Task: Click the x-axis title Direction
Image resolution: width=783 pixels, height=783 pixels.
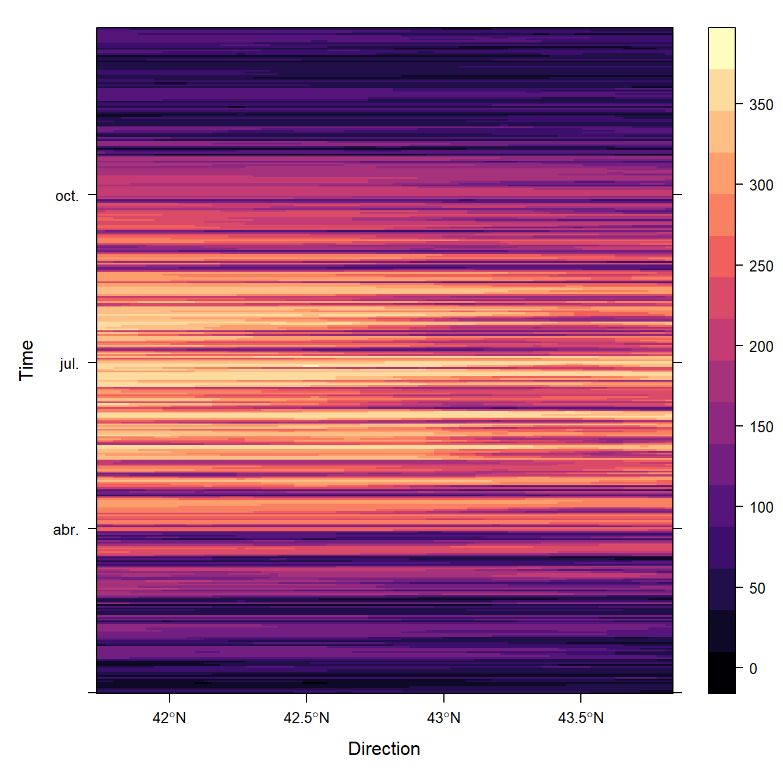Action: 384,749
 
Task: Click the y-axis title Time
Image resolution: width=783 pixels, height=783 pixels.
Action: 27,360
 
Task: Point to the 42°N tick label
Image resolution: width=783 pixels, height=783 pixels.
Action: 169,718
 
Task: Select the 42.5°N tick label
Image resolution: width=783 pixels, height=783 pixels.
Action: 306,718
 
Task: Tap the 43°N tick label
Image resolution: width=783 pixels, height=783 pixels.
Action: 443,718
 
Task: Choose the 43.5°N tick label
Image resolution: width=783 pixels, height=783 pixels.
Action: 581,718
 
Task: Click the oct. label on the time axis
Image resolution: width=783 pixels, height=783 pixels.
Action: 66,196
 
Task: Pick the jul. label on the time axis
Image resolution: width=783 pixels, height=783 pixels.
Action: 69,364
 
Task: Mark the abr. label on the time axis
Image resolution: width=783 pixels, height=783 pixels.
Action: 66,530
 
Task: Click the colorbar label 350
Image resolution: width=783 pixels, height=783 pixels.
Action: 761,105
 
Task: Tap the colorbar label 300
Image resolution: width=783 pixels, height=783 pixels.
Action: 761,185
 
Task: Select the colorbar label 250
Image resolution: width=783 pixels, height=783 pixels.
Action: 761,266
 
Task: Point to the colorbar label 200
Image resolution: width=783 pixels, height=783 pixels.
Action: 761,347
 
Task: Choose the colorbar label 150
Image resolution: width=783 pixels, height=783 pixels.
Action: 761,427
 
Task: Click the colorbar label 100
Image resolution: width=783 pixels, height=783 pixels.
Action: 761,507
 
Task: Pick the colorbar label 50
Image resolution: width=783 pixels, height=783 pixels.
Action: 757,588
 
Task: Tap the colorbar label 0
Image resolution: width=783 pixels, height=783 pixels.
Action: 753,669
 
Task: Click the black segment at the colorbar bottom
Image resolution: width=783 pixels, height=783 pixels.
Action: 722,673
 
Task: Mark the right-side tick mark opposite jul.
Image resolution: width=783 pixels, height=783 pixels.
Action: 678,362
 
